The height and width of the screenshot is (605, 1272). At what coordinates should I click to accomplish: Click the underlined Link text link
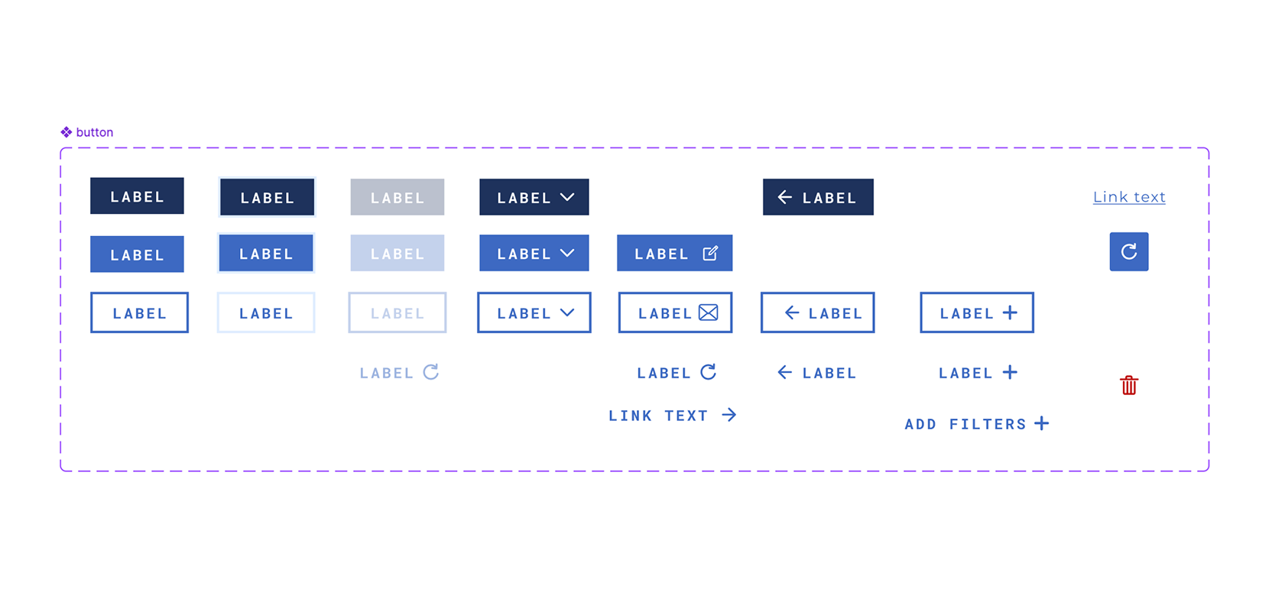(x=1129, y=197)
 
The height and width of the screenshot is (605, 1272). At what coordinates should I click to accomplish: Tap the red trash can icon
(x=1129, y=385)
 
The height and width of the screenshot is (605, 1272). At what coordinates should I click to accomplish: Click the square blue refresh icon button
(x=1128, y=251)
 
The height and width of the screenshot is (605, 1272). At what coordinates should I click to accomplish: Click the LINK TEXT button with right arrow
(x=672, y=416)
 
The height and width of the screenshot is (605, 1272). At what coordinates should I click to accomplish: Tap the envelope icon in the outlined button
(x=709, y=312)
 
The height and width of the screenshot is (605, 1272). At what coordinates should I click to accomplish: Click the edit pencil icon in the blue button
(x=710, y=253)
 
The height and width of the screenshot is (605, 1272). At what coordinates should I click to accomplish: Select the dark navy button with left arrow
(x=818, y=197)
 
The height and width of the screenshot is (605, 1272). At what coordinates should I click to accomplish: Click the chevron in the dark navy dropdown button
(x=567, y=197)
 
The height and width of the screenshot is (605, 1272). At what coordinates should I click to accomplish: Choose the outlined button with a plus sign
(x=976, y=312)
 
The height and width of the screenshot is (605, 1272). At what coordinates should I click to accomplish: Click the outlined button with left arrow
(x=817, y=312)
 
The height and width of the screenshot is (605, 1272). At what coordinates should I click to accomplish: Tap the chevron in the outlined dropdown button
(x=567, y=312)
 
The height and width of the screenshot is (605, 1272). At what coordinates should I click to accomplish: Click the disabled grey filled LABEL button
(x=397, y=197)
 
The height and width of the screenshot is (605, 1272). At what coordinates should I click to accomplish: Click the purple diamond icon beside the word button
(x=67, y=132)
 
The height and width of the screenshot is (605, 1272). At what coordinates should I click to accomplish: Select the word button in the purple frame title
(x=95, y=132)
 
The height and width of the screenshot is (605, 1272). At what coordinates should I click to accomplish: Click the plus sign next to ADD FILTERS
(x=1041, y=423)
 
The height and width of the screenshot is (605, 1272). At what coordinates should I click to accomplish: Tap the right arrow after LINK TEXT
(x=729, y=415)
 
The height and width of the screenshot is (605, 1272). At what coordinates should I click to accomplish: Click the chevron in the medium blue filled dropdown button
(x=567, y=253)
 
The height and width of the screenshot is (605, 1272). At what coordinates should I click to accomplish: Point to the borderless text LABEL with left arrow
(x=817, y=373)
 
